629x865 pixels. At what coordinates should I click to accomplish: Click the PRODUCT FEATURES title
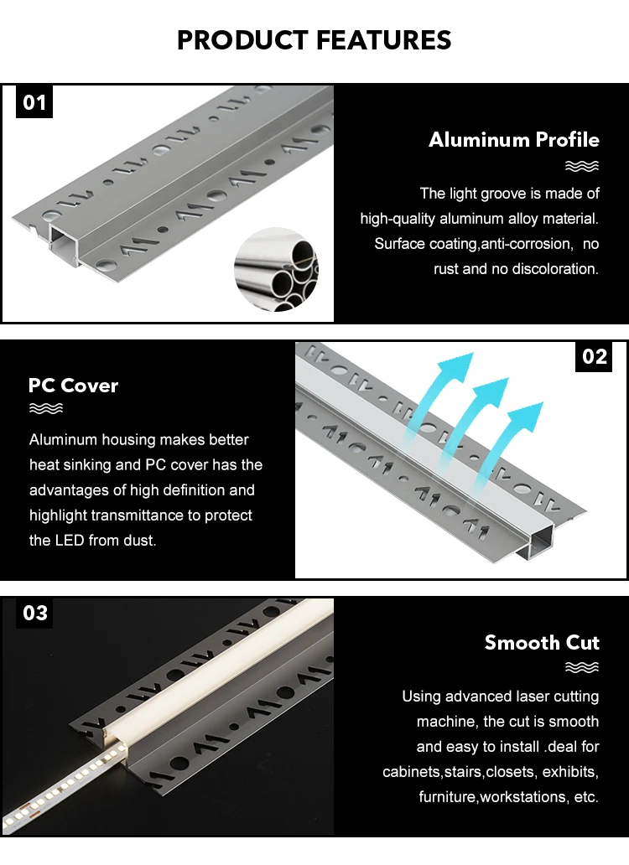(314, 39)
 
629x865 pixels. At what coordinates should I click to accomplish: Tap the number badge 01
(34, 103)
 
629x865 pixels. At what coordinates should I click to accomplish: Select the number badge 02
(595, 356)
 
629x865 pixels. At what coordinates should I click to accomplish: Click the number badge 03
(35, 614)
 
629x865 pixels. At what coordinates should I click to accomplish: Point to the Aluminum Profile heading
(514, 139)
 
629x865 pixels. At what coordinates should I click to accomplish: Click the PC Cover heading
(74, 386)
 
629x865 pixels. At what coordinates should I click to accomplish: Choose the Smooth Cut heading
(542, 643)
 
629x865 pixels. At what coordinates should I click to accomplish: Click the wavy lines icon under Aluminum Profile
(582, 166)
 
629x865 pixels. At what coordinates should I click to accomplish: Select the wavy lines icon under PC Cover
(46, 409)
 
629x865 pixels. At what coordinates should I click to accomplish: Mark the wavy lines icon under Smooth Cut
(582, 668)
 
